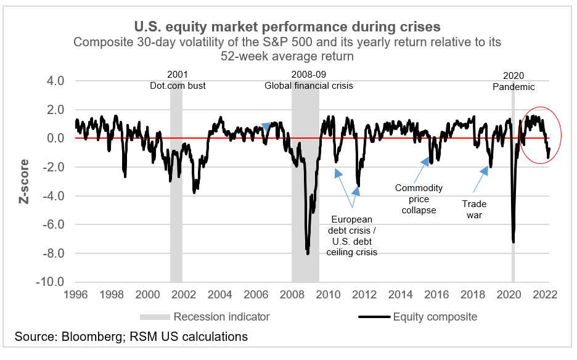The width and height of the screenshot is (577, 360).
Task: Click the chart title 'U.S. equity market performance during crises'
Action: (287, 27)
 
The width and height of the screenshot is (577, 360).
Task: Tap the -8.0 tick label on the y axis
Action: (52, 253)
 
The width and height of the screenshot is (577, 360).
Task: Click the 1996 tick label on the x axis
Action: (75, 295)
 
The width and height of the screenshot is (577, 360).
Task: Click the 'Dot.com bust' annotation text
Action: (178, 86)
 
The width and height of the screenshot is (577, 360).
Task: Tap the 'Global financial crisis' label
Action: (309, 86)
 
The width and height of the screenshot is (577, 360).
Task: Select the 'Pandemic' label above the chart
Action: (513, 87)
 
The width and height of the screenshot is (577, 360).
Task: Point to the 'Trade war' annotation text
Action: (474, 210)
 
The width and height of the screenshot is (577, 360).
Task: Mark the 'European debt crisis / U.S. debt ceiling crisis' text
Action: (351, 235)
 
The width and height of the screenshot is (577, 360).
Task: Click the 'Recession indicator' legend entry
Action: (205, 317)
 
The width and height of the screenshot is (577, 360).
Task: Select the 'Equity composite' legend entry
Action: (417, 317)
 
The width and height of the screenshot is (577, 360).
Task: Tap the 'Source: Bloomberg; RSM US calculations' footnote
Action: (131, 337)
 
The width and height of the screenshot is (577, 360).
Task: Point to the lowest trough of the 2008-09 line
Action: (308, 253)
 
